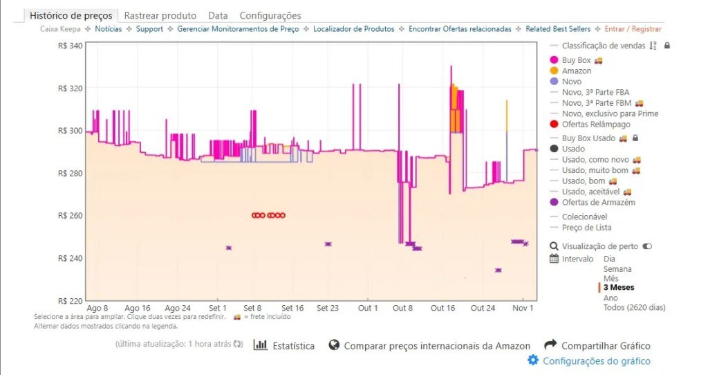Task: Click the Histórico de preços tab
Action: coord(71,15)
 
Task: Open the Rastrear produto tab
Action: coord(160,15)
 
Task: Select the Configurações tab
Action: coord(270,15)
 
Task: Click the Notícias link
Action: coord(109,29)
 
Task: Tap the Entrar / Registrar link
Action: coord(633,29)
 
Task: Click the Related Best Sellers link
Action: coord(558,29)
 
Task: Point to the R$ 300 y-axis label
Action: coord(71,131)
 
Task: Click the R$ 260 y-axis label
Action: coord(71,216)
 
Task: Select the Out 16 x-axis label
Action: coord(442,308)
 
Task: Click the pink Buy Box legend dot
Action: coord(555,60)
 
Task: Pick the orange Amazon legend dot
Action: coord(555,71)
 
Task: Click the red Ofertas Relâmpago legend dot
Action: coord(555,125)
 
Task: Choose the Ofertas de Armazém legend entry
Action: coord(598,203)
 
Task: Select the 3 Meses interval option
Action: coord(619,287)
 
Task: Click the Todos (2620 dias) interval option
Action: coord(634,307)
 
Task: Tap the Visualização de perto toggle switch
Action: coord(647,246)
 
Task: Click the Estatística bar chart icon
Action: coord(261,345)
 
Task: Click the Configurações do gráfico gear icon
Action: coord(532,360)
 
